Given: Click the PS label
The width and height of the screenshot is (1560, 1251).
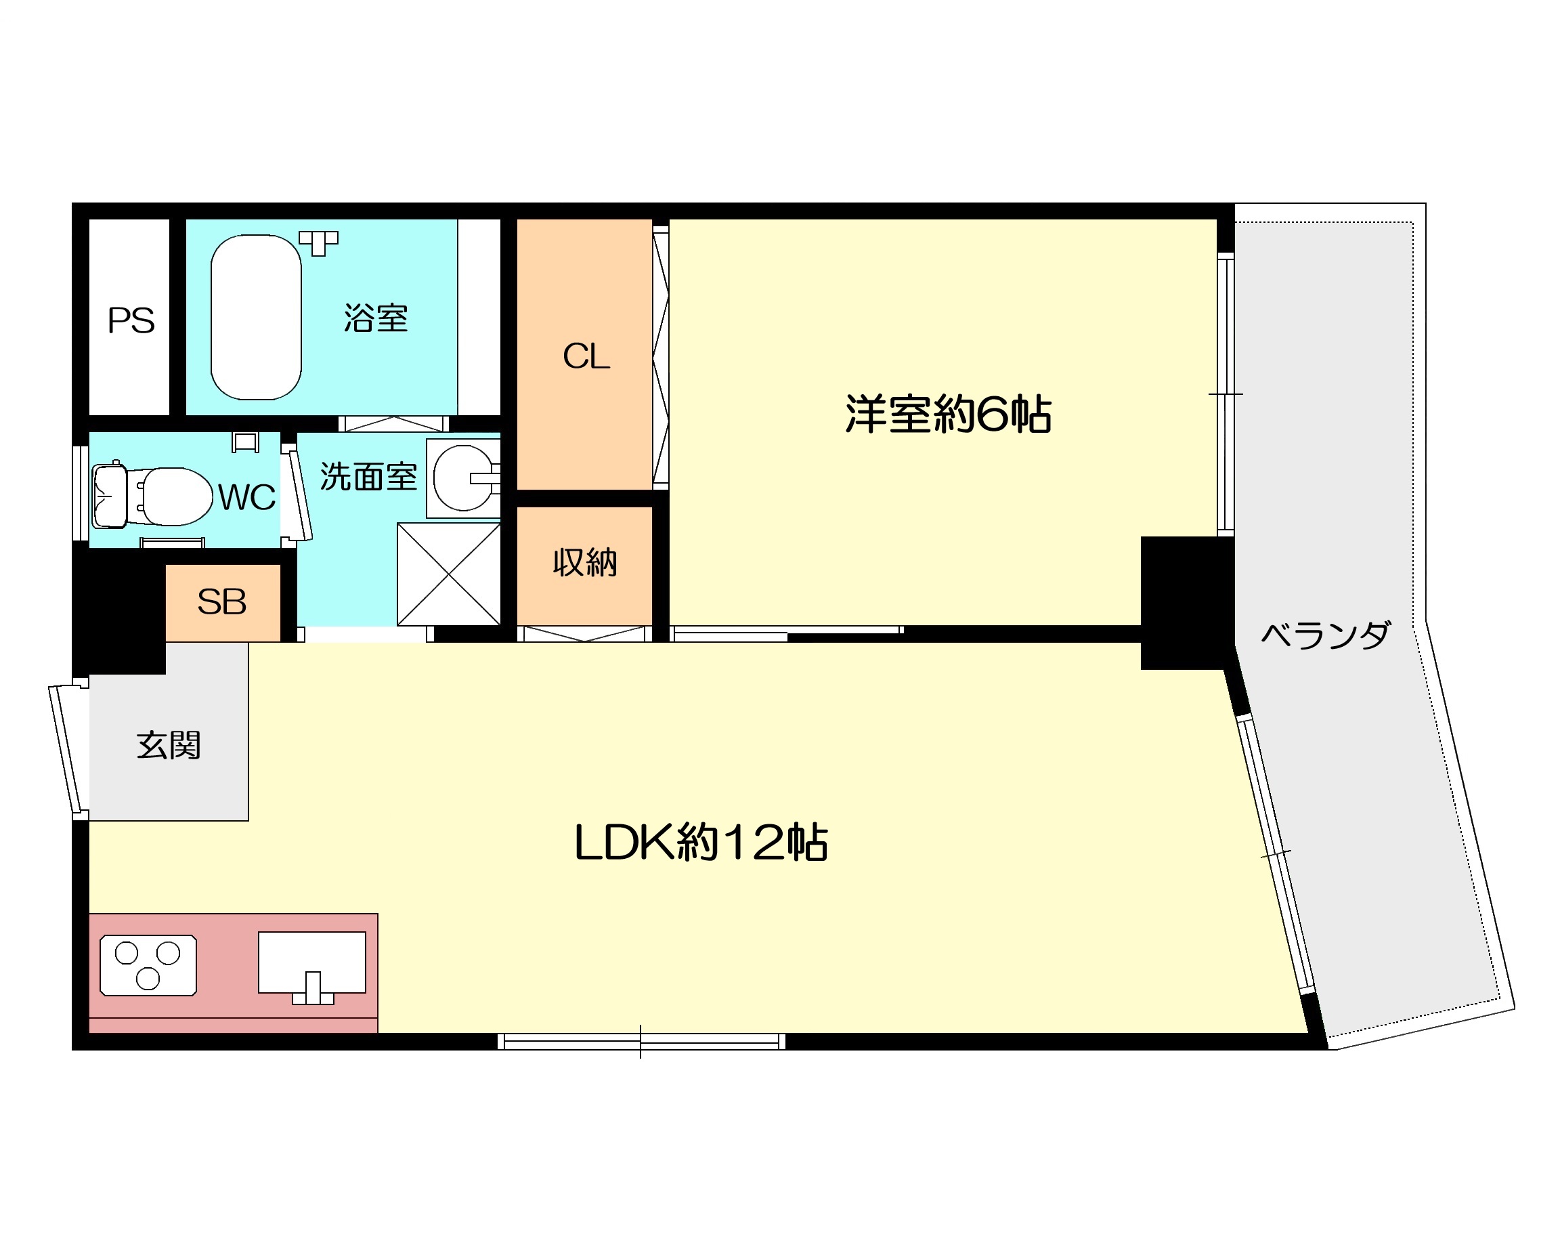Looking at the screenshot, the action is [131, 320].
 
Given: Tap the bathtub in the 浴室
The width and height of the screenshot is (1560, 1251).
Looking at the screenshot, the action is [256, 317].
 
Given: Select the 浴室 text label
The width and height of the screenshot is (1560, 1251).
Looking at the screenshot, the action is [376, 318].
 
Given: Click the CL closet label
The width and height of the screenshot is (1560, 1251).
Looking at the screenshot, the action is [586, 356].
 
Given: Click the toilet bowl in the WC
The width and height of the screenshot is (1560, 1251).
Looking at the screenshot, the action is [176, 496].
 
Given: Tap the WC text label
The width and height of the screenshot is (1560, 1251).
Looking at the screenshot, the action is [246, 497].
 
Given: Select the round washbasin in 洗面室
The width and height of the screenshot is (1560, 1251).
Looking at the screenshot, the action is [464, 478].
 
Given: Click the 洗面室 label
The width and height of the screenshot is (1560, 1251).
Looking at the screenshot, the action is [368, 476].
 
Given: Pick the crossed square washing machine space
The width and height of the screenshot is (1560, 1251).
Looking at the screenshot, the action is [449, 574].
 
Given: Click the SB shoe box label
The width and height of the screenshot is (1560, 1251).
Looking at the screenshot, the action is [222, 602].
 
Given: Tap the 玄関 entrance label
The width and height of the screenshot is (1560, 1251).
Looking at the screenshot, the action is [169, 745].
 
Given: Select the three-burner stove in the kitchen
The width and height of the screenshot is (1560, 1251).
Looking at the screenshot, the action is [148, 966].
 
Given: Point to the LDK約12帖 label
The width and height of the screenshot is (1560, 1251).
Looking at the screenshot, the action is [700, 842].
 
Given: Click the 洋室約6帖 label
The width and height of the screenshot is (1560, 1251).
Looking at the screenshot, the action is [948, 414].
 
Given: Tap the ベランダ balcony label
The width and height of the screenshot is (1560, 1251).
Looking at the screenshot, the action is [1326, 635].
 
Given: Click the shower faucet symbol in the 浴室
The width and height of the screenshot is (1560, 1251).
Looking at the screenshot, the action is [318, 242].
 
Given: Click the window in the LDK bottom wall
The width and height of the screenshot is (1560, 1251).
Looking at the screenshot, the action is [641, 1042].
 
